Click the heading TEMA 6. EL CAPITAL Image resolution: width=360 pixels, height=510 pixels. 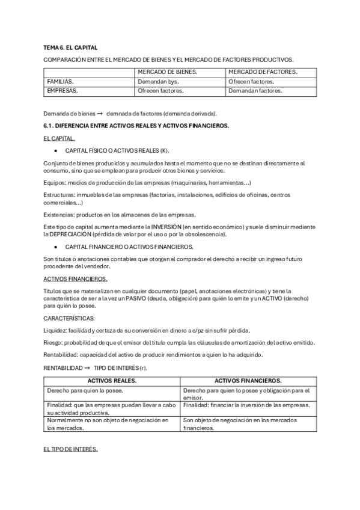pyautogui.click(x=70, y=47)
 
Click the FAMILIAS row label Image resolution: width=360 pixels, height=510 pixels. pyautogui.click(x=61, y=81)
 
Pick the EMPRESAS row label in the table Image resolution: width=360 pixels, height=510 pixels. pyautogui.click(x=63, y=91)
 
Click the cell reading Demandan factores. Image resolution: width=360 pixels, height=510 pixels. pyautogui.click(x=255, y=91)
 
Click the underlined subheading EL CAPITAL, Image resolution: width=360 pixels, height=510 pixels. pyautogui.click(x=59, y=138)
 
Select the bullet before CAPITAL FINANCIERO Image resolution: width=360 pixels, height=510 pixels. pyautogui.click(x=55, y=247)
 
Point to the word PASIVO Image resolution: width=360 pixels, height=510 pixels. pyautogui.click(x=163, y=298)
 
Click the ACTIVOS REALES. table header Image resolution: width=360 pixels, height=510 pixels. pyautogui.click(x=112, y=381)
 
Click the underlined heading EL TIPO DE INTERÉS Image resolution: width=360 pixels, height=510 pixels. pyautogui.click(x=70, y=449)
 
